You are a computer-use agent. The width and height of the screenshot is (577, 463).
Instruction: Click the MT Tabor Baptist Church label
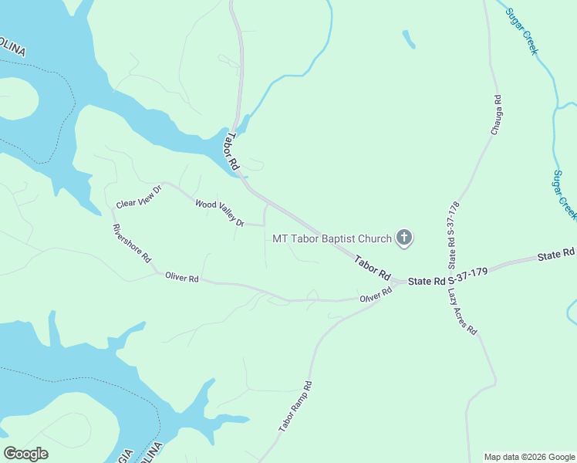[x=332, y=238]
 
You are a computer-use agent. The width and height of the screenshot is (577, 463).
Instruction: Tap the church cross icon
[x=404, y=238]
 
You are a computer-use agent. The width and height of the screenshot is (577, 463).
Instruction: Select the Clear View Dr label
[x=139, y=198]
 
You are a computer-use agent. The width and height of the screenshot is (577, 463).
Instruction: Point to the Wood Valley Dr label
[x=220, y=213]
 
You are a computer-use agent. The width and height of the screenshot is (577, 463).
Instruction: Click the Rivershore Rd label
[x=132, y=244]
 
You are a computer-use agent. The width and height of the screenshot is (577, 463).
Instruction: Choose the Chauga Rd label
[x=497, y=115]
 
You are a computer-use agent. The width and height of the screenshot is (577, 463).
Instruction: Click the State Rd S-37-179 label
[x=447, y=281]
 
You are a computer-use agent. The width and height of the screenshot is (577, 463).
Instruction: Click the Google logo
[x=26, y=454]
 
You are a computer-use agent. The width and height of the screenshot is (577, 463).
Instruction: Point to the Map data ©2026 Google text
[x=528, y=457]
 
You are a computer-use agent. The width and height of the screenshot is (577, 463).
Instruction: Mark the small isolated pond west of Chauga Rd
[x=408, y=39]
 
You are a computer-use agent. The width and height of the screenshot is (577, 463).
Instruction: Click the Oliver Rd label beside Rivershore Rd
[x=182, y=278]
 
